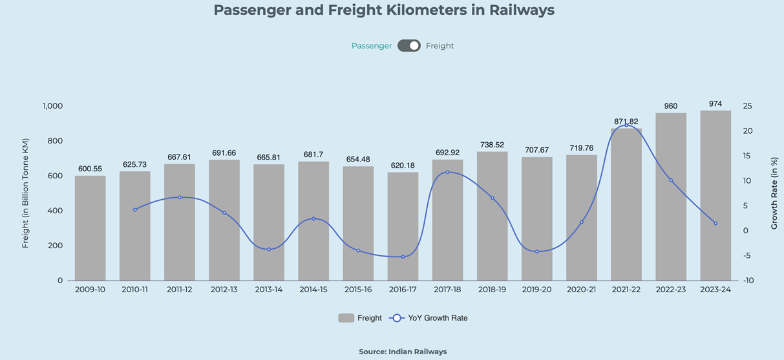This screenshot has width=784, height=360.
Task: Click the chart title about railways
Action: coord(384,10)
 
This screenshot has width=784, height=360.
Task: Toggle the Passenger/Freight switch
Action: coord(409,46)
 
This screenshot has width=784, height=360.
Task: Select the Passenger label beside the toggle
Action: coord(372,46)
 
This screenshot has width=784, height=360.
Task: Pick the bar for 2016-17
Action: coord(403,226)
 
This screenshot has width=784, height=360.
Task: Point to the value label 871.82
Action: coord(626,122)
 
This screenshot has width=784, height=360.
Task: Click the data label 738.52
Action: coord(493,145)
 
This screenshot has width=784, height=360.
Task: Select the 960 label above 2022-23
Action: coord(671,106)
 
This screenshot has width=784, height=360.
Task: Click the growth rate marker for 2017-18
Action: coord(447,172)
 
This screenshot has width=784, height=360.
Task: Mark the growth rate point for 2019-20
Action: coord(537,251)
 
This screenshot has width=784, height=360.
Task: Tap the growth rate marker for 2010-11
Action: coord(135,209)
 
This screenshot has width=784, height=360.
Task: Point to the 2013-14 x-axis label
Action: coord(269,290)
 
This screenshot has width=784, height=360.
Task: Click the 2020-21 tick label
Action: coord(582,290)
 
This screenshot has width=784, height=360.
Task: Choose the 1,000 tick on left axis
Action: coord(52,106)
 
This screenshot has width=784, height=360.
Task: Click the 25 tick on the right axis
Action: coord(747,106)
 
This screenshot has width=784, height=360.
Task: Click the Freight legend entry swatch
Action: coord(346,318)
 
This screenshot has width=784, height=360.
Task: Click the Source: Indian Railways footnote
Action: coord(403,352)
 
